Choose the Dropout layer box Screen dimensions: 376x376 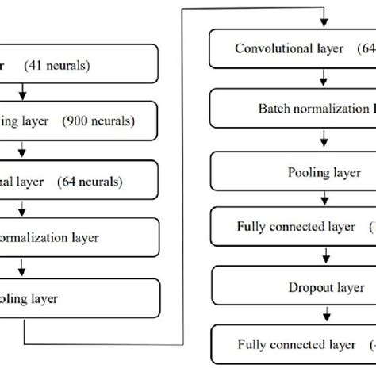point(292,287)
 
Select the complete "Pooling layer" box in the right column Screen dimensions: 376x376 point(292,171)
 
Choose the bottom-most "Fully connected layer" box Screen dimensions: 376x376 point(292,345)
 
